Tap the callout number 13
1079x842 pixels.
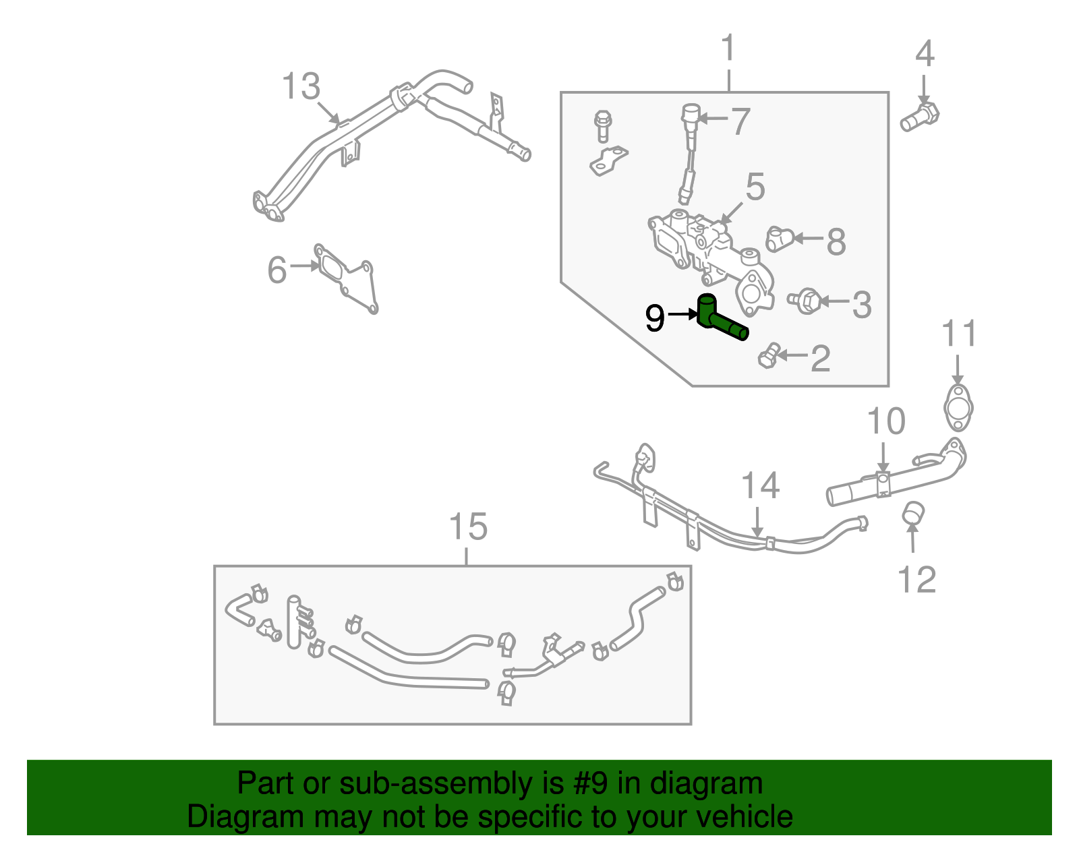[x=301, y=87]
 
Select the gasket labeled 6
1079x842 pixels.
[x=347, y=278]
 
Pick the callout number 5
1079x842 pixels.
[x=755, y=187]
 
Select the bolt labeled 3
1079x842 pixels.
[x=805, y=301]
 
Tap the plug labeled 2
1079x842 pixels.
[x=769, y=355]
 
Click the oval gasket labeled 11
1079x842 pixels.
[x=958, y=407]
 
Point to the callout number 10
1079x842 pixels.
[x=885, y=422]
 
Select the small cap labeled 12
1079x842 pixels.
[x=912, y=512]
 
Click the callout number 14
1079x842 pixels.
[x=760, y=486]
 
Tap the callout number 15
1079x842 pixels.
[x=468, y=527]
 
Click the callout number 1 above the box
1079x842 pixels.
[x=728, y=49]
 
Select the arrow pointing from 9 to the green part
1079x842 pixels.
[x=682, y=314]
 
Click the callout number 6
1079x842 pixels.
[x=277, y=270]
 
